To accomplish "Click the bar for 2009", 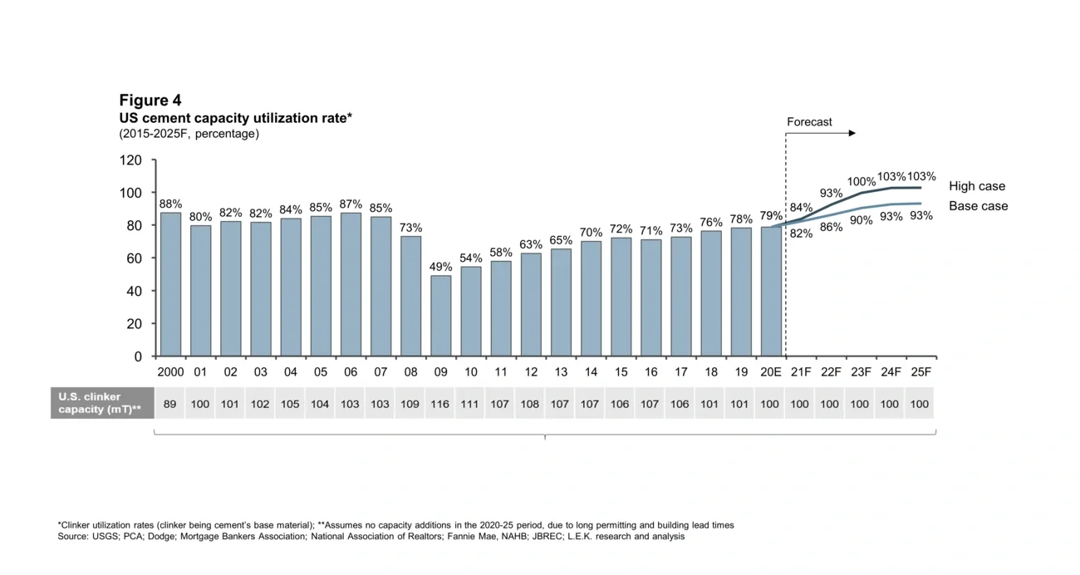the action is coord(440,316).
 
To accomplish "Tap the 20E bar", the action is coord(771,291).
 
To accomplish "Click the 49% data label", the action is coord(440,267).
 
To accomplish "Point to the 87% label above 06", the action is coord(351,204).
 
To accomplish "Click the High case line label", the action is coord(976,186).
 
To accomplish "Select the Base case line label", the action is coord(978,206).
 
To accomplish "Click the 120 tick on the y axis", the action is coord(131,160).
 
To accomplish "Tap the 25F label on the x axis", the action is coord(920,372).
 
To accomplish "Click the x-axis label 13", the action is coord(561,372).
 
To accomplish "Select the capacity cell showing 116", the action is coord(440,404).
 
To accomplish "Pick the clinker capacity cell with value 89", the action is coord(170,404).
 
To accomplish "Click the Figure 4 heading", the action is coord(150,101).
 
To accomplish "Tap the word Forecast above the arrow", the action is coord(808,122).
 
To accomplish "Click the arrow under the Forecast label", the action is coord(831,133).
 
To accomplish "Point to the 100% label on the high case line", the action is coord(861,182).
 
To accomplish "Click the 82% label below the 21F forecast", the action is coord(801,233).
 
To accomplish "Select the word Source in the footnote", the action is coord(73,537).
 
